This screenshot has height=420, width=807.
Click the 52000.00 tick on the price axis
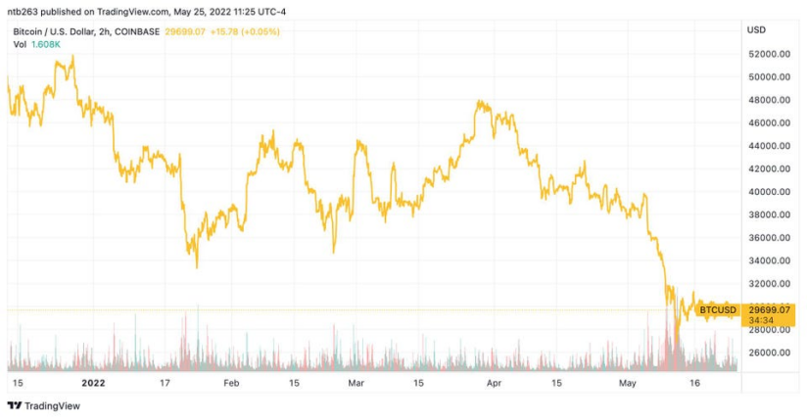point(769,54)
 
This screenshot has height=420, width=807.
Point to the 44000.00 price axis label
point(769,146)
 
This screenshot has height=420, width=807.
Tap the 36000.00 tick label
point(769,238)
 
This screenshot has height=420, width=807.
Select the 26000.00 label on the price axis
point(769,352)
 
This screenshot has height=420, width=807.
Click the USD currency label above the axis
point(756,30)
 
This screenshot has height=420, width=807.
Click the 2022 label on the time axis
point(93,383)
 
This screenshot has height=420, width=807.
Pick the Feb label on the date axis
point(231,383)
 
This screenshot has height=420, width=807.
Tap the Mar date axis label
point(356,383)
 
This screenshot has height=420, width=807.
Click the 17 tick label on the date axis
point(166,383)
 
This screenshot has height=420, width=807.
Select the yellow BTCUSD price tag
point(718,310)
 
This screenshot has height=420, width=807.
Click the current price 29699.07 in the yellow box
point(769,309)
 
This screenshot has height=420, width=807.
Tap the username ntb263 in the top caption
point(24,12)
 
